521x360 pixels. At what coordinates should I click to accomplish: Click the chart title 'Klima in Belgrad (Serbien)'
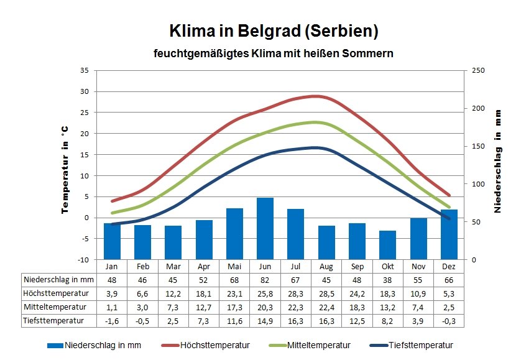pyautogui.click(x=274, y=30)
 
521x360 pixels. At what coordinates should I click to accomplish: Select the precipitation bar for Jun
pyautogui.click(x=265, y=228)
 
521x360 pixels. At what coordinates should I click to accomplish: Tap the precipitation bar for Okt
pyautogui.click(x=387, y=245)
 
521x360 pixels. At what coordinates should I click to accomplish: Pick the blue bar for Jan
pyautogui.click(x=112, y=241)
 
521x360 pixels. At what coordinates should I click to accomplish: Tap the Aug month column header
pyautogui.click(x=326, y=267)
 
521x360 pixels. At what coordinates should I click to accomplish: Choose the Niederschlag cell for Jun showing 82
pyautogui.click(x=265, y=280)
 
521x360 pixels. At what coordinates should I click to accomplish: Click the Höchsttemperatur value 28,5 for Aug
pyautogui.click(x=326, y=293)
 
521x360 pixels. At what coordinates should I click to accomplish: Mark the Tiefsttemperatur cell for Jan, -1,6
pyautogui.click(x=112, y=321)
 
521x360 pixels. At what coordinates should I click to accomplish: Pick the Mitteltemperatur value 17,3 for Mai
pyautogui.click(x=234, y=307)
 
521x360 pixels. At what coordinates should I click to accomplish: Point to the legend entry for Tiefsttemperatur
pyautogui.click(x=418, y=345)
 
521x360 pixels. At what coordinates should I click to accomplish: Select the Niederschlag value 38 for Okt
pyautogui.click(x=387, y=280)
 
